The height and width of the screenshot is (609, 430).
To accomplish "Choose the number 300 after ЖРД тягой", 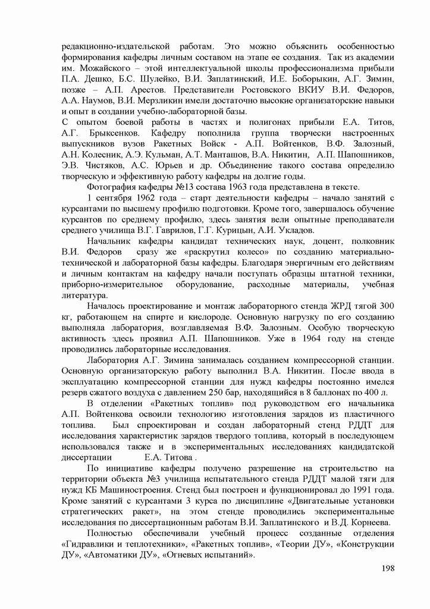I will pyautogui.click(x=387, y=305).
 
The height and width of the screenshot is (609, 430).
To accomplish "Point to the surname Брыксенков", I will pyautogui.click(x=115, y=133).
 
